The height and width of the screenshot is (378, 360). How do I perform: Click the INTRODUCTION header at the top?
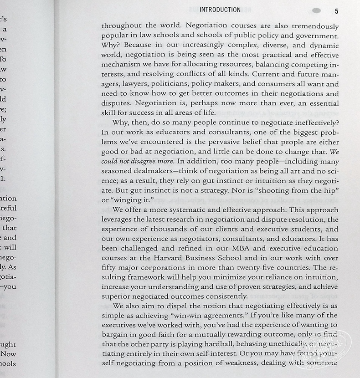click(220, 10)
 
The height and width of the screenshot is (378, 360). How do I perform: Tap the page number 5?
click(336, 11)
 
